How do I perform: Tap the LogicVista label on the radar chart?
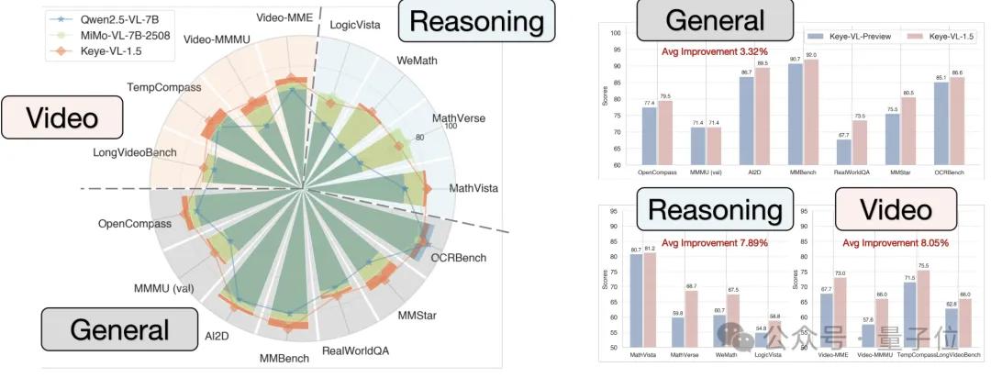pos(357,21)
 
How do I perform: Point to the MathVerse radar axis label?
pos(460,118)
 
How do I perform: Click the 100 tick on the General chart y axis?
pos(617,34)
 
